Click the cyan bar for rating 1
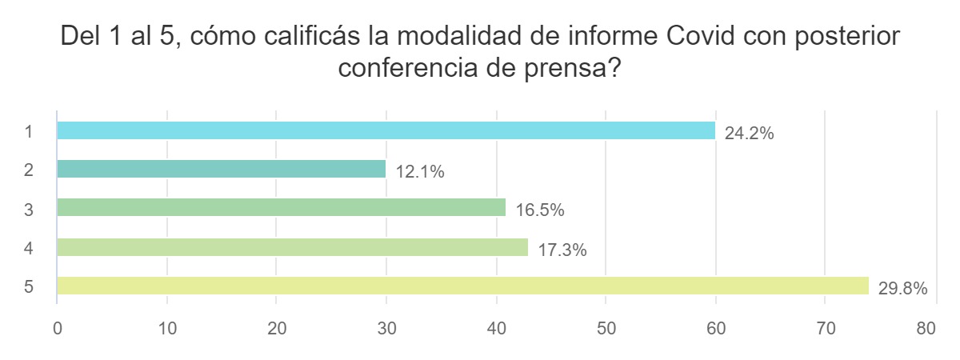[x=386, y=130]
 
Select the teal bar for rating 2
[x=222, y=169]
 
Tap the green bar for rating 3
[x=282, y=208]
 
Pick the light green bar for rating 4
[x=293, y=247]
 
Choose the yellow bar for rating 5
[x=462, y=286]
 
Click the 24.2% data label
[x=749, y=134]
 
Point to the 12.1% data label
[x=419, y=172]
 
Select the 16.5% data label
[x=540, y=211]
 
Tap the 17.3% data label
[x=562, y=250]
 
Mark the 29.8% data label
[x=902, y=289]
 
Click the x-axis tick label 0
[x=58, y=329]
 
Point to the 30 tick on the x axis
[x=386, y=329]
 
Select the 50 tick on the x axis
[x=606, y=329]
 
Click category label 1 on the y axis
[x=29, y=131]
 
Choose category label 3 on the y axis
[x=29, y=209]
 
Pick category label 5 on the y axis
[x=29, y=286]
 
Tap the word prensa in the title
[x=575, y=69]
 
